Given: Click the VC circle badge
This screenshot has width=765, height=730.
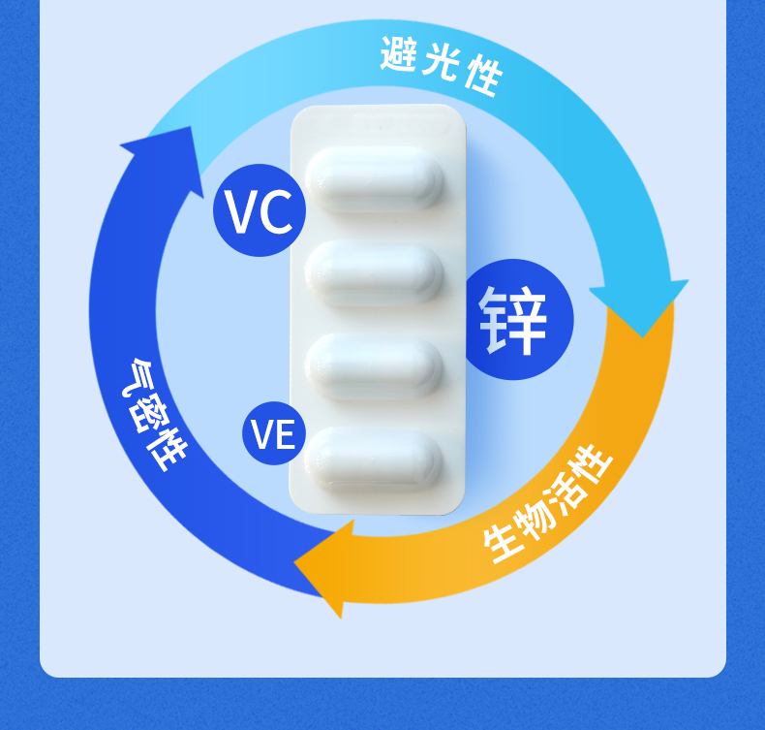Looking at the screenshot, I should click(259, 210).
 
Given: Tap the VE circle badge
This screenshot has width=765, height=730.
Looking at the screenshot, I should click(273, 433).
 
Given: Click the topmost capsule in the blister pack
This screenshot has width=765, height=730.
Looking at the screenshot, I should click(375, 180).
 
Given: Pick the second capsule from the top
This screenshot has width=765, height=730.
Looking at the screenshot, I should click(375, 273).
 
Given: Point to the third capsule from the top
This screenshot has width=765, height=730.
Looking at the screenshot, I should click(375, 366).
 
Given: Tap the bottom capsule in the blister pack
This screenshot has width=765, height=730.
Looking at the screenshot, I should click(375, 458).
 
